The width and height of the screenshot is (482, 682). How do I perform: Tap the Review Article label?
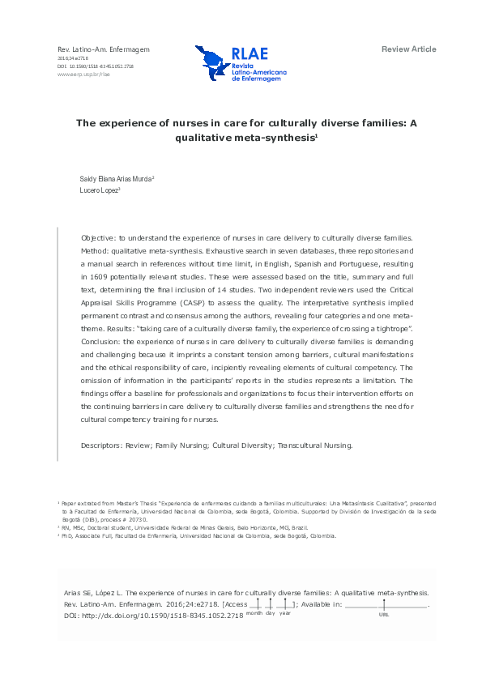[408, 49]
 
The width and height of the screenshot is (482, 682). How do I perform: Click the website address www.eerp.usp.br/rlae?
[83, 73]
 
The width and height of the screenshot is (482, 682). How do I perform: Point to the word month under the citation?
[254, 613]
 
